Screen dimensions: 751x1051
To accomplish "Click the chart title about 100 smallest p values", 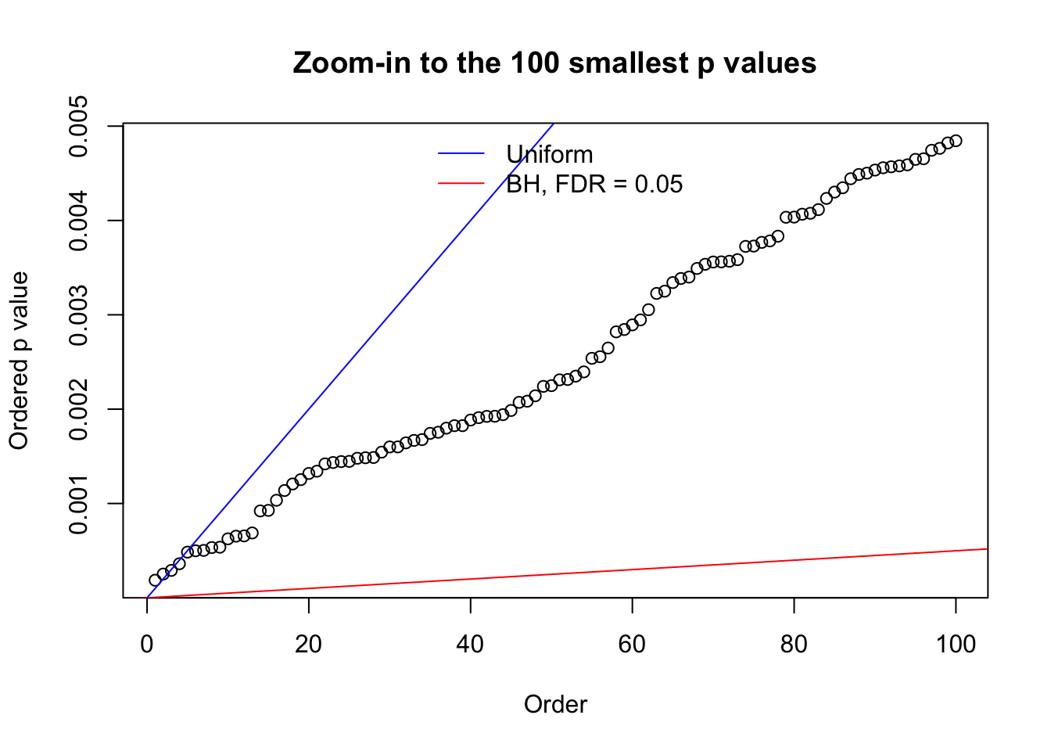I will [554, 63].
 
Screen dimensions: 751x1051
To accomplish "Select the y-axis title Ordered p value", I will [19, 361].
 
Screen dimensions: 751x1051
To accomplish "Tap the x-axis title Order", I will [555, 704].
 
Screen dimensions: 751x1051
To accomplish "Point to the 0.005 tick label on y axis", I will [79, 127].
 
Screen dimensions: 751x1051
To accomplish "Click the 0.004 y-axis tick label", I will [79, 221].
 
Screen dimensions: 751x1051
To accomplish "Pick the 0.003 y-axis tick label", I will [79, 315].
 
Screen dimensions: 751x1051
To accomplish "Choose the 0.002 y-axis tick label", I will [79, 409].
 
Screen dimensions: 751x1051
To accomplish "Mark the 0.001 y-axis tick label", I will [79, 504].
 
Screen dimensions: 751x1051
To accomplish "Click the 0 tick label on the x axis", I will [147, 645].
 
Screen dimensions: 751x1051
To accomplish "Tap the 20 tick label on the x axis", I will [309, 645].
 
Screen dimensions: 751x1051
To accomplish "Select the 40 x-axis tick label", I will [471, 645].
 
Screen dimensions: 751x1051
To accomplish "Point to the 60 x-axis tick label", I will [632, 645].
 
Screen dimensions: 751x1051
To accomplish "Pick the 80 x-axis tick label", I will [794, 645].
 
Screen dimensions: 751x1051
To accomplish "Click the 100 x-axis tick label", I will [956, 645].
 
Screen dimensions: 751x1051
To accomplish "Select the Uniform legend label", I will [550, 154].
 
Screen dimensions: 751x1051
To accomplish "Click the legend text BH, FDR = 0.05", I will [594, 184].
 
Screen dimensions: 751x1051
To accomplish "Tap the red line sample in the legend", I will [461, 184].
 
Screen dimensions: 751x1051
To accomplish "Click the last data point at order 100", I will [956, 141].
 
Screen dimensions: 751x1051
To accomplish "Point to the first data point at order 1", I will [155, 580].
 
